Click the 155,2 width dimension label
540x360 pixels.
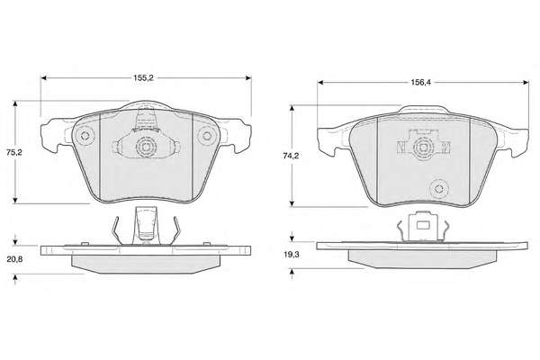pyautogui.click(x=143, y=78)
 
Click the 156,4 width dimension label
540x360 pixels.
pyautogui.click(x=420, y=82)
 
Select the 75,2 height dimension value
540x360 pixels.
pyautogui.click(x=14, y=152)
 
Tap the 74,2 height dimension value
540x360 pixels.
pyautogui.click(x=291, y=156)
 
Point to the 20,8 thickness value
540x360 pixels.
pyautogui.click(x=14, y=259)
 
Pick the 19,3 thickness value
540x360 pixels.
pyautogui.click(x=291, y=255)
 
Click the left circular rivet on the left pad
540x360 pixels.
pyautogui.click(x=85, y=135)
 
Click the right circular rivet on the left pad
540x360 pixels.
pyautogui.click(x=207, y=136)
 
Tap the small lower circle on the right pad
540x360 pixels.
pyautogui.click(x=439, y=189)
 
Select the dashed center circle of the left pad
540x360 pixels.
pyautogui.click(x=146, y=147)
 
